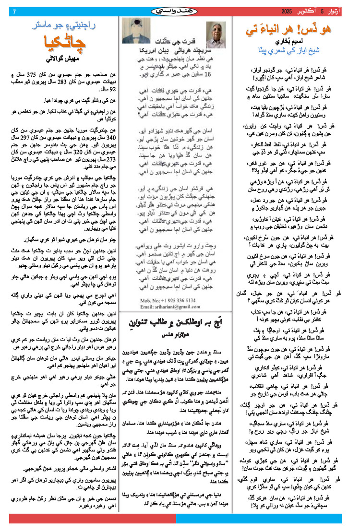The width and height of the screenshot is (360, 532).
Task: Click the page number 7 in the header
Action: click(14, 11)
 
